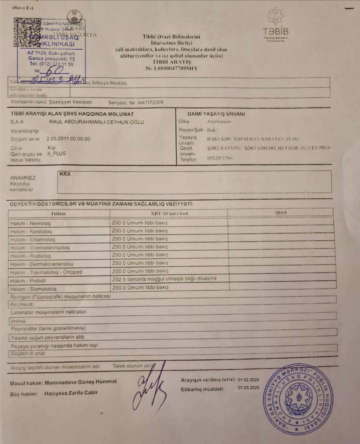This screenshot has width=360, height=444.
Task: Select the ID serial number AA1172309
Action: click(x=150, y=102)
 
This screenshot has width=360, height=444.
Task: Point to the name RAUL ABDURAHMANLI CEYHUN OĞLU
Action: click(x=96, y=122)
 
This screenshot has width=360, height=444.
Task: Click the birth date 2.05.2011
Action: click(x=58, y=139)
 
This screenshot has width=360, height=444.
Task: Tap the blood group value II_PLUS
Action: click(x=57, y=154)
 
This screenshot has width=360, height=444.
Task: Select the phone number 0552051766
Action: click(x=220, y=158)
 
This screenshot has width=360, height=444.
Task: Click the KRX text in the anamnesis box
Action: click(x=65, y=174)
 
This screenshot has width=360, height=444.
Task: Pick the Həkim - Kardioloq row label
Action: click(x=31, y=232)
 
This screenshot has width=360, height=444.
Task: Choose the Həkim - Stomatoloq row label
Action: click(x=33, y=289)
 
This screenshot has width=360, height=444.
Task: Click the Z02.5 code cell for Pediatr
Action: click(x=164, y=279)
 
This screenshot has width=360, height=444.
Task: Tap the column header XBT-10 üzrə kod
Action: click(x=169, y=213)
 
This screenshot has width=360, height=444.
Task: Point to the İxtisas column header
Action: click(x=58, y=213)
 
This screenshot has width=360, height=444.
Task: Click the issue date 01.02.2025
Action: click(x=248, y=380)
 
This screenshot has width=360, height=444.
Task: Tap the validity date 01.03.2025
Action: click(x=248, y=388)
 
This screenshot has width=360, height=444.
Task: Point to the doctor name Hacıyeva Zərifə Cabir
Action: click(x=71, y=393)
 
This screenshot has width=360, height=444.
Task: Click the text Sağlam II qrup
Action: click(x=28, y=353)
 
